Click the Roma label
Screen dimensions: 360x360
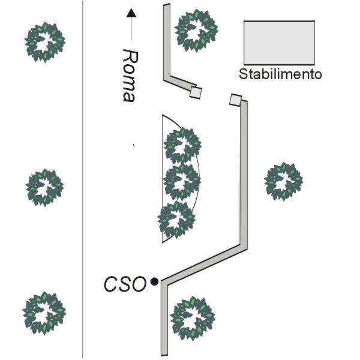point(130,76)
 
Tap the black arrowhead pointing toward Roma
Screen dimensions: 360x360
point(131,13)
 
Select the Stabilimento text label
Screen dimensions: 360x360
point(280,74)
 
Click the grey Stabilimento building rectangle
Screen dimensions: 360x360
point(279,43)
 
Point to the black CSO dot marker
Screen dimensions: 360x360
point(154,281)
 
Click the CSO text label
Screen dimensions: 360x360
point(125,284)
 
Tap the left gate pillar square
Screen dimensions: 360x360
point(196,92)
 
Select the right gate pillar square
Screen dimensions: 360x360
point(236,100)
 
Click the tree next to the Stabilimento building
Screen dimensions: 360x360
point(196,31)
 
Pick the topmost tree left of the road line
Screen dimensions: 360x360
point(45,42)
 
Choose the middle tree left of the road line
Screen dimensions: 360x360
point(44,188)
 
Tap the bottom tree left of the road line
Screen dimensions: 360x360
point(44,313)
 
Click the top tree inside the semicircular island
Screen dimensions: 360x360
point(182,146)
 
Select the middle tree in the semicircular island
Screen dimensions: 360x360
point(182,182)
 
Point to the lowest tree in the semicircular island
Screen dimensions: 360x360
point(176,220)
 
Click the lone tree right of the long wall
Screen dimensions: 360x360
point(284,181)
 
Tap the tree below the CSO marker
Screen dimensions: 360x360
point(193,319)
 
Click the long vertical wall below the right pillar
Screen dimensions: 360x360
point(244,174)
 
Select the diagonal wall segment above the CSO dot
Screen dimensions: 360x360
point(204,265)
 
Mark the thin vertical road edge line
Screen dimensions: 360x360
point(83,180)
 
